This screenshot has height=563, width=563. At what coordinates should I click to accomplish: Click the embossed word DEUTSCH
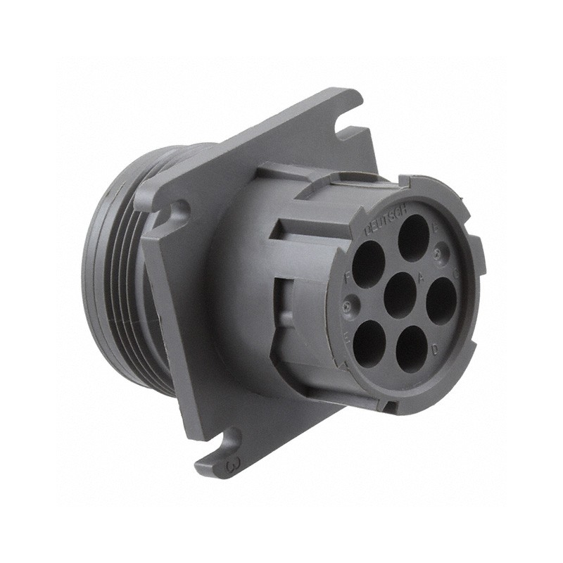click(x=382, y=219)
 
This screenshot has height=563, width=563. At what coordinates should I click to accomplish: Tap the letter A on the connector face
click(x=421, y=277)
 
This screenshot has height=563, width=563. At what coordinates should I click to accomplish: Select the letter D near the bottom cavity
click(x=435, y=348)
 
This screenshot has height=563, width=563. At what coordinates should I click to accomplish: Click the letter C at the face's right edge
click(x=456, y=274)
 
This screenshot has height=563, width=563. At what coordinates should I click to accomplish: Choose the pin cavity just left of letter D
click(x=412, y=348)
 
